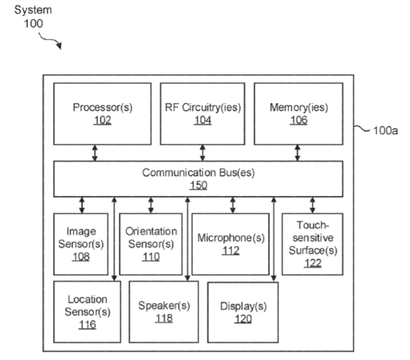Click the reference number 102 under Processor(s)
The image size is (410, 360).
click(102, 120)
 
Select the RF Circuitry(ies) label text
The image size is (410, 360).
click(203, 107)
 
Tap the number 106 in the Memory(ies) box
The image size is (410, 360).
click(299, 120)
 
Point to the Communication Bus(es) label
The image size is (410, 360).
click(198, 172)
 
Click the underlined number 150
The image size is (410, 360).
click(198, 185)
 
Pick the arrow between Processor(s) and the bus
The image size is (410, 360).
click(95, 153)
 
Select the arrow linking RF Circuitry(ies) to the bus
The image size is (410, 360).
click(203, 153)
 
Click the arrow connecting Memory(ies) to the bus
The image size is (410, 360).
click(297, 153)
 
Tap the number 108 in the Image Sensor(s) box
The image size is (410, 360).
click(81, 257)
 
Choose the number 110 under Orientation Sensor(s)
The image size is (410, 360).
click(151, 257)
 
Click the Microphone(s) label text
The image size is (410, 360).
click(231, 238)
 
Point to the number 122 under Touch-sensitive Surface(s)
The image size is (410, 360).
click(312, 263)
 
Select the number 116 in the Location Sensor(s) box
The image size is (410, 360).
click(87, 325)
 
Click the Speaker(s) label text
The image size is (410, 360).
click(164, 306)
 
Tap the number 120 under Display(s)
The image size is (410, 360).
click(243, 319)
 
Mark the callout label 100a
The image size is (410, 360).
click(385, 131)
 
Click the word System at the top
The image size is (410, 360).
click(33, 10)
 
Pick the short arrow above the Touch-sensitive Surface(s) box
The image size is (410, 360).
click(312, 205)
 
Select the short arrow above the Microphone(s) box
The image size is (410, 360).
click(233, 205)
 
